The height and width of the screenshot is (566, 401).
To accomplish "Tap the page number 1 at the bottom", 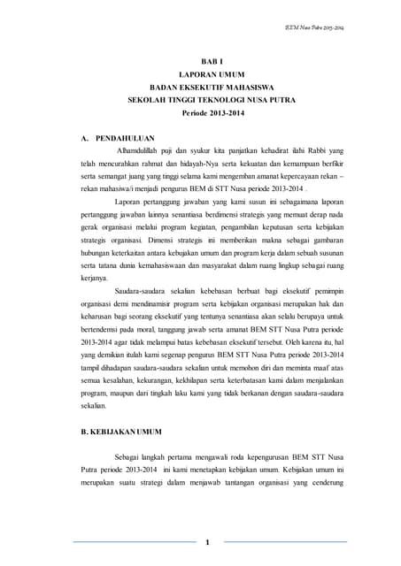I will [206, 541].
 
